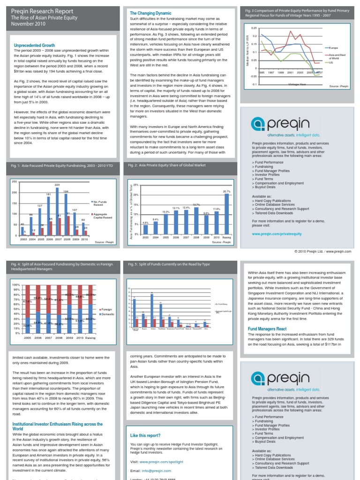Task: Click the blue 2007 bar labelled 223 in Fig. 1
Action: click(57, 211)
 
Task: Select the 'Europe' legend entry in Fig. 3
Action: click(333, 48)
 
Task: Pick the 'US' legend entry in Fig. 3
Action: click(331, 62)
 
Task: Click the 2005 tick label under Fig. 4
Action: click(27, 337)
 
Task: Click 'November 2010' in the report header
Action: click(30, 23)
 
